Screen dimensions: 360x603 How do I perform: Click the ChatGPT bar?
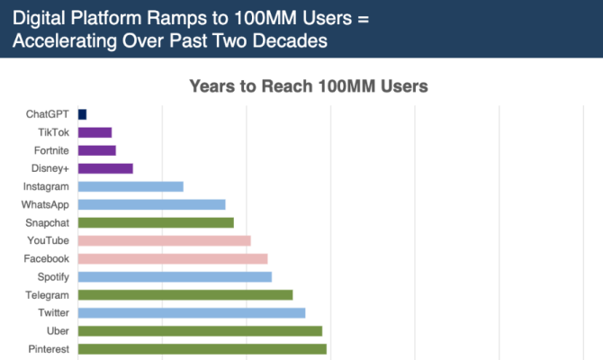(82, 114)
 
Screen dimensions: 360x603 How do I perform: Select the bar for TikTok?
(94, 132)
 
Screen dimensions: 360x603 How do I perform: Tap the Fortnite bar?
(97, 150)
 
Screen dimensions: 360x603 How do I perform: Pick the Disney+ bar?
(105, 168)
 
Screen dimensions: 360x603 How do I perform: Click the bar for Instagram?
(130, 186)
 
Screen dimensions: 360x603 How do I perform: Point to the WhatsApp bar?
(151, 204)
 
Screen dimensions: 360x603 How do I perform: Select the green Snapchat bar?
(156, 222)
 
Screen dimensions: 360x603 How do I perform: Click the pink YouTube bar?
(164, 240)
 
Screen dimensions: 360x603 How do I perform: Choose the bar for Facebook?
(173, 258)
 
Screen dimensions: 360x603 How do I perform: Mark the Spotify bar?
(175, 276)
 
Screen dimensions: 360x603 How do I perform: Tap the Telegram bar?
(185, 294)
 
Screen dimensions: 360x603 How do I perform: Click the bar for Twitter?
(192, 312)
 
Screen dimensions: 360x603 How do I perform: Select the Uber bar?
(200, 330)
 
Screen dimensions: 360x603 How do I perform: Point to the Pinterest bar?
(202, 348)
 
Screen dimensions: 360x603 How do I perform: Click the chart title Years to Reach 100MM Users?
(308, 86)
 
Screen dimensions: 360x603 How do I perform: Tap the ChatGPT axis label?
(49, 114)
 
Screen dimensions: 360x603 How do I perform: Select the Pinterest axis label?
(49, 348)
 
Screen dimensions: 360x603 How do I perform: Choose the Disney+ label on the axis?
(52, 168)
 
